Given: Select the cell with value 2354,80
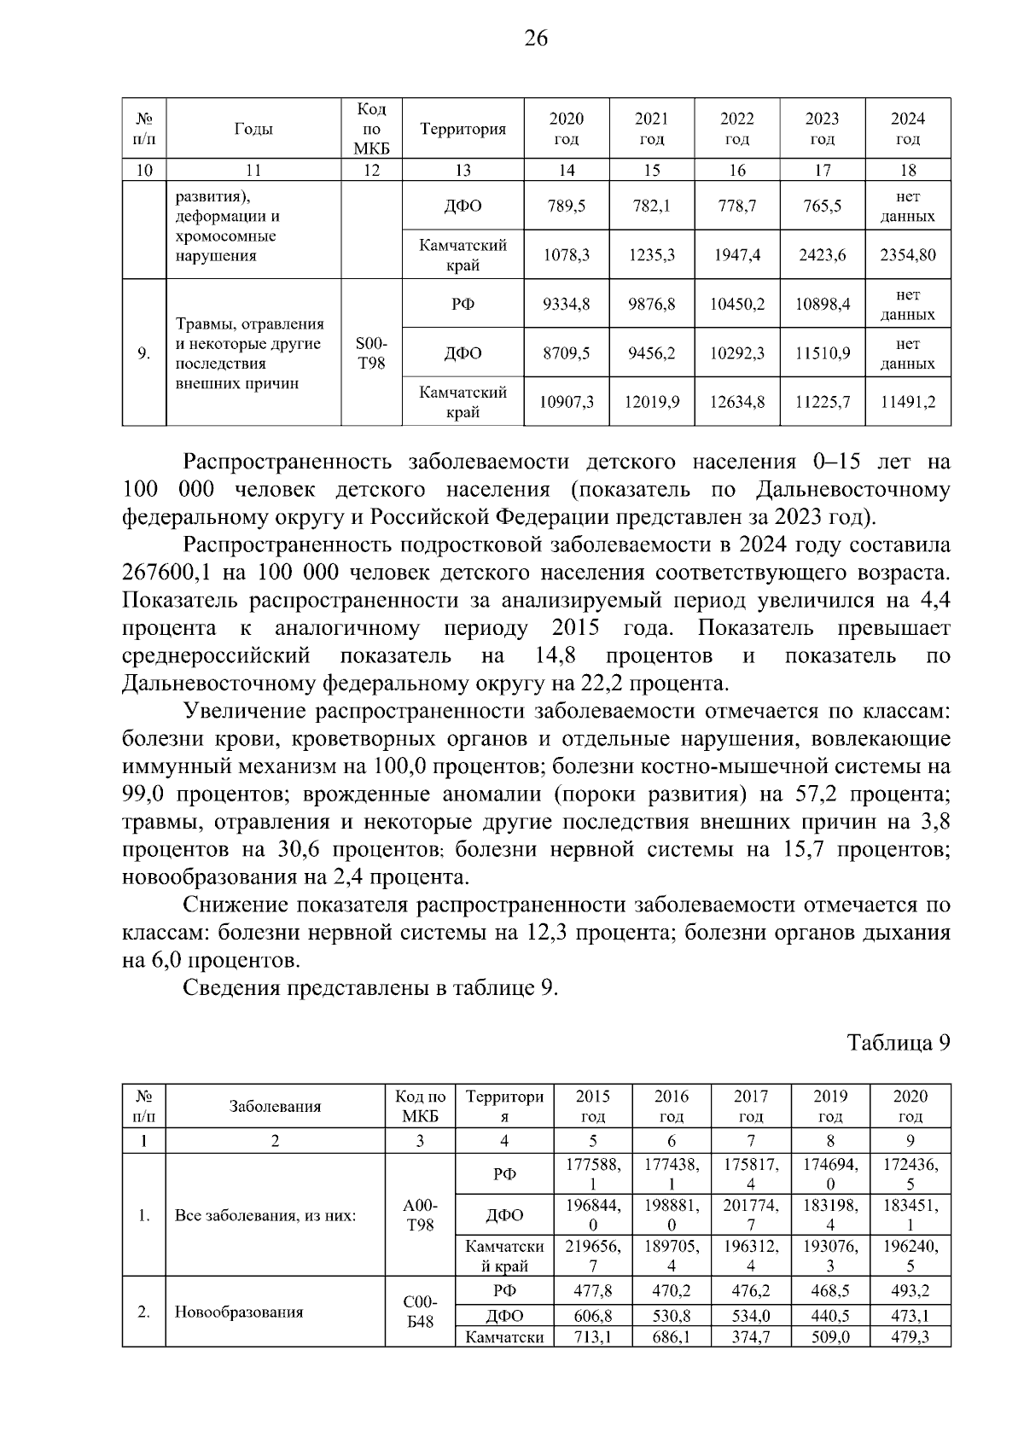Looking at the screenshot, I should click(x=908, y=255).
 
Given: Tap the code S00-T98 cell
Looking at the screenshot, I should click(x=370, y=353).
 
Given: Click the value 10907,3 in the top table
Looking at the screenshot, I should click(x=567, y=402).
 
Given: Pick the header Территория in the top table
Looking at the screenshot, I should click(x=463, y=129).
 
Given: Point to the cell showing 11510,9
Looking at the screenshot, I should click(x=823, y=353).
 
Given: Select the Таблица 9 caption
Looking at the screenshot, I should click(x=898, y=1043).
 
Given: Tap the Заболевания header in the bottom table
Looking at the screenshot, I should click(x=275, y=1107).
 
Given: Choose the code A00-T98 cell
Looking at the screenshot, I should click(x=419, y=1215).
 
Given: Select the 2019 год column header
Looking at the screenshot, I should click(x=830, y=1107).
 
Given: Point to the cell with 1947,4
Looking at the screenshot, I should click(x=737, y=255).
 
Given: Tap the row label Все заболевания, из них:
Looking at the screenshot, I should click(x=265, y=1215).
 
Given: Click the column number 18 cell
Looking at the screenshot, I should click(x=908, y=170).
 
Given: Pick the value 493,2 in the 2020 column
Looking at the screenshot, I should click(x=910, y=1290).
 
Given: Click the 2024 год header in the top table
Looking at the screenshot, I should click(x=908, y=129).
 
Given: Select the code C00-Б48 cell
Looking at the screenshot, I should click(x=419, y=1312).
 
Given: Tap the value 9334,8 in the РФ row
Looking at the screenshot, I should click(x=567, y=304).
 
